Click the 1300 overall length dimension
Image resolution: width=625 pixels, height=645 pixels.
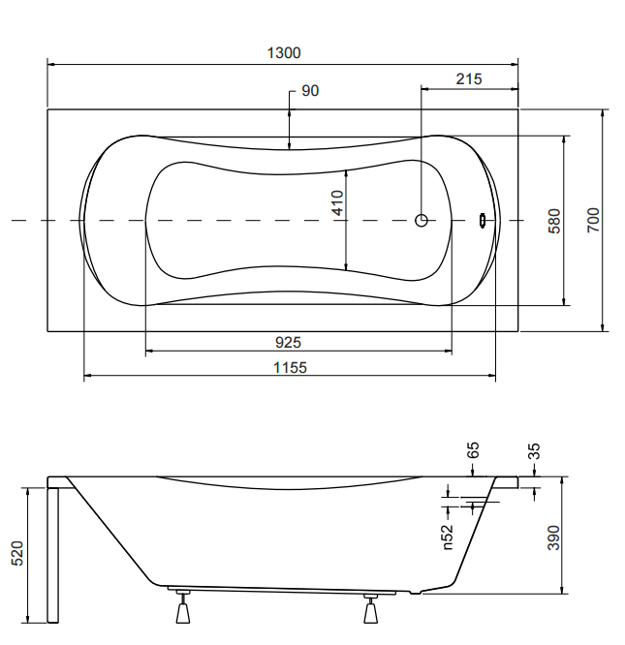coord(284,53)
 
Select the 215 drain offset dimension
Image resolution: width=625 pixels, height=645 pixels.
coord(469,79)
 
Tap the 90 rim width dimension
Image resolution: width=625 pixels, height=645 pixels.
coord(310,91)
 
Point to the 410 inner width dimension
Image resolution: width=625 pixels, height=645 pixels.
coord(338,202)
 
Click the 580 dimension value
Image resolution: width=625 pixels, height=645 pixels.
coord(554,222)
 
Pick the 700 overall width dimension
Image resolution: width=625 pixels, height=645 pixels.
coord(593,221)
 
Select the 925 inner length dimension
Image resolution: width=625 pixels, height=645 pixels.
coord(288,342)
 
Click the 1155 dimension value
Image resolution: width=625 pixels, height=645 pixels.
coord(290,367)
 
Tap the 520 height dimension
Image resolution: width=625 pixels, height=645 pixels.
coord(17,554)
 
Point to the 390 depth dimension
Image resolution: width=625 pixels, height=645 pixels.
coord(554,537)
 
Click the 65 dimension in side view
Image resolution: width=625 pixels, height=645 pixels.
coord(473,450)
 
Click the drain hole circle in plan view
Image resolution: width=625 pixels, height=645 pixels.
coord(422,221)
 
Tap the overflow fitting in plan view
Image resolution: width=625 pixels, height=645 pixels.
coord(483,221)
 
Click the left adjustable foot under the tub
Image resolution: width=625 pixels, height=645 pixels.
coord(183,606)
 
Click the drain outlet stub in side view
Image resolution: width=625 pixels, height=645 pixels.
coord(416,593)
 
